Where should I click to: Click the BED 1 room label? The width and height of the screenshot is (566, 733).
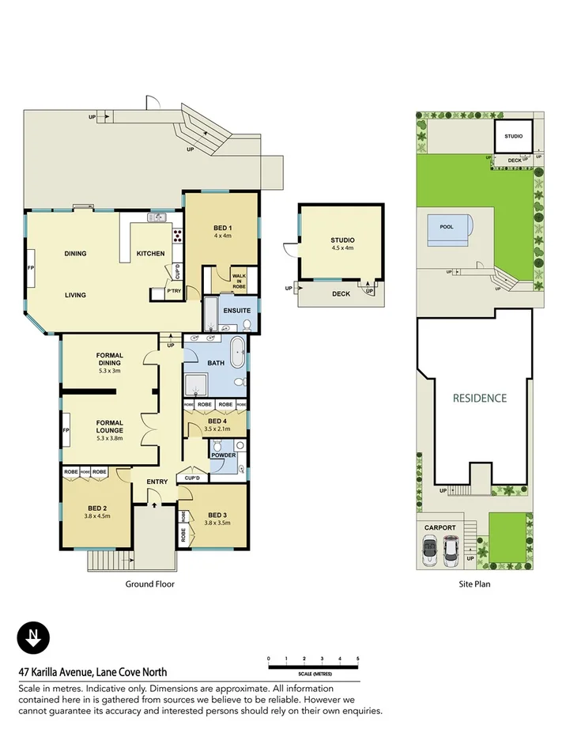pos(221,229)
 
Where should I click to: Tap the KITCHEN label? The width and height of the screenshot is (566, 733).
pos(150,254)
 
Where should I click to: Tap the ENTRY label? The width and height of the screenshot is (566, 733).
pos(157,482)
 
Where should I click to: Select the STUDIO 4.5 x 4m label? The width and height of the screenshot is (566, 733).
pos(342,244)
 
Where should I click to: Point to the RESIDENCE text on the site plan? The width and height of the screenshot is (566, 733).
pos(479,398)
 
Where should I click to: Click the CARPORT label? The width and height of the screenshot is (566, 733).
pos(440,527)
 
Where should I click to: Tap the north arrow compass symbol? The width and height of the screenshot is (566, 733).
pos(33,637)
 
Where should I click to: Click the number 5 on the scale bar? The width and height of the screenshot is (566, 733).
pos(357,659)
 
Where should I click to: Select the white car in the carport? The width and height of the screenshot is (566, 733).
pos(450,550)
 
